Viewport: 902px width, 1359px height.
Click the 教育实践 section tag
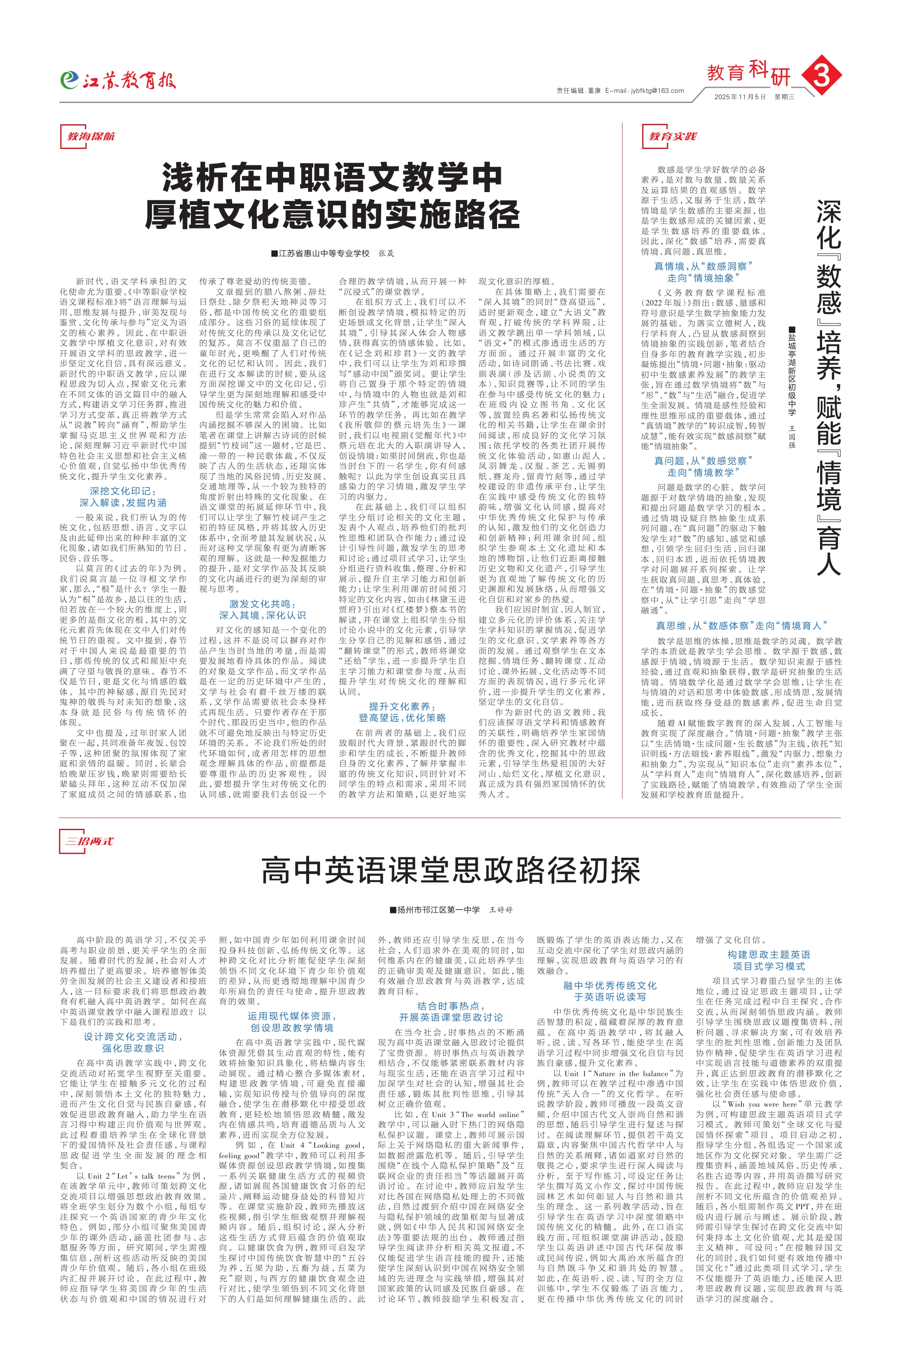click(x=672, y=136)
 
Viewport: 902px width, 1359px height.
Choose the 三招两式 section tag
click(x=89, y=841)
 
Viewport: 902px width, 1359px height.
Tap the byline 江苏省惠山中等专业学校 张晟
click(x=333, y=253)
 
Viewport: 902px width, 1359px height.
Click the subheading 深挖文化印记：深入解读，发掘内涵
click(x=123, y=497)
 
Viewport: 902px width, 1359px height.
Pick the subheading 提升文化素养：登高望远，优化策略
click(x=402, y=712)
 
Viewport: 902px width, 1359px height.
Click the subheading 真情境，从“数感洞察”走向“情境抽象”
click(x=703, y=272)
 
